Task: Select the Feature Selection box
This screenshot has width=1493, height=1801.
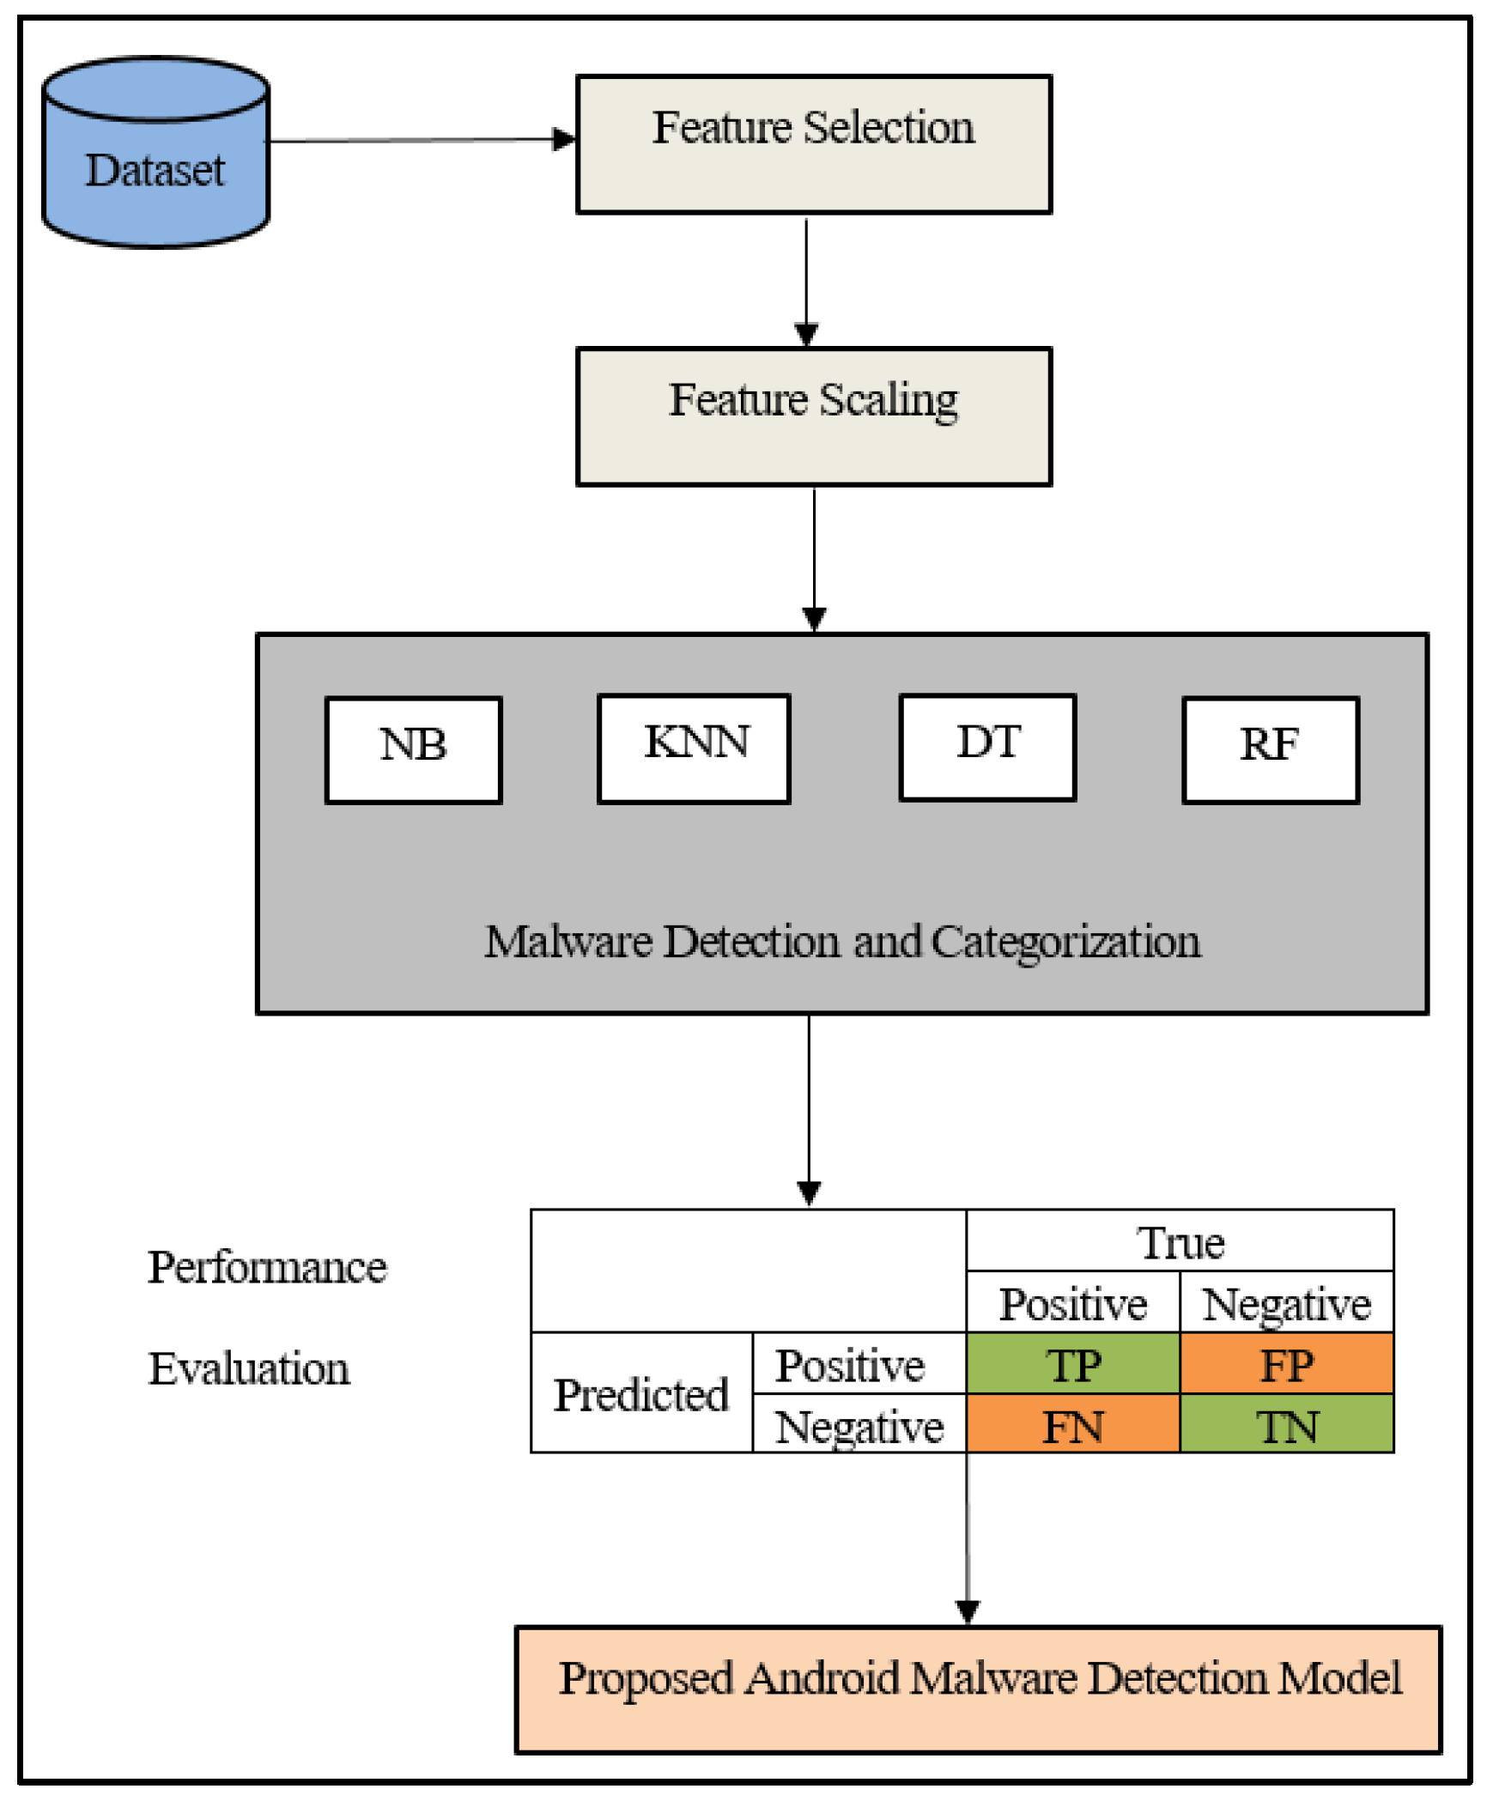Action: (813, 144)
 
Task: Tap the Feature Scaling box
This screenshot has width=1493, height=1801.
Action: (813, 416)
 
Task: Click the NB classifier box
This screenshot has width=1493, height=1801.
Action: (413, 749)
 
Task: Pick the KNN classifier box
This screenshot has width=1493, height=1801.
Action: (694, 748)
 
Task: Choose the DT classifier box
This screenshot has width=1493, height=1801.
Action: (987, 747)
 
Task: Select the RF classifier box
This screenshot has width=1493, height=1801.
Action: (1270, 749)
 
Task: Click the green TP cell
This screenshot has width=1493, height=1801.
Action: (1072, 1365)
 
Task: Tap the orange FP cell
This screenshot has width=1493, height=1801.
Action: (1286, 1365)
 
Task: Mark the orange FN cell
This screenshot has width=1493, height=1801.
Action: (1072, 1427)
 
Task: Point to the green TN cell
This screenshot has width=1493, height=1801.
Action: (1286, 1427)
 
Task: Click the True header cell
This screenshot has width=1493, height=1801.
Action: (1180, 1242)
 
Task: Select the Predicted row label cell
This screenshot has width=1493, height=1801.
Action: (640, 1395)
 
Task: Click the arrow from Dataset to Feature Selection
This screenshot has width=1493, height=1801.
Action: (421, 140)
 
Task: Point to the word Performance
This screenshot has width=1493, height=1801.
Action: (267, 1267)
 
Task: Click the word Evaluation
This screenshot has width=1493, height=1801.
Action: (249, 1368)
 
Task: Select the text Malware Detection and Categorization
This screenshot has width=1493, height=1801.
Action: (841, 942)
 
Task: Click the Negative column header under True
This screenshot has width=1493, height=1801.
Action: (1286, 1304)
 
